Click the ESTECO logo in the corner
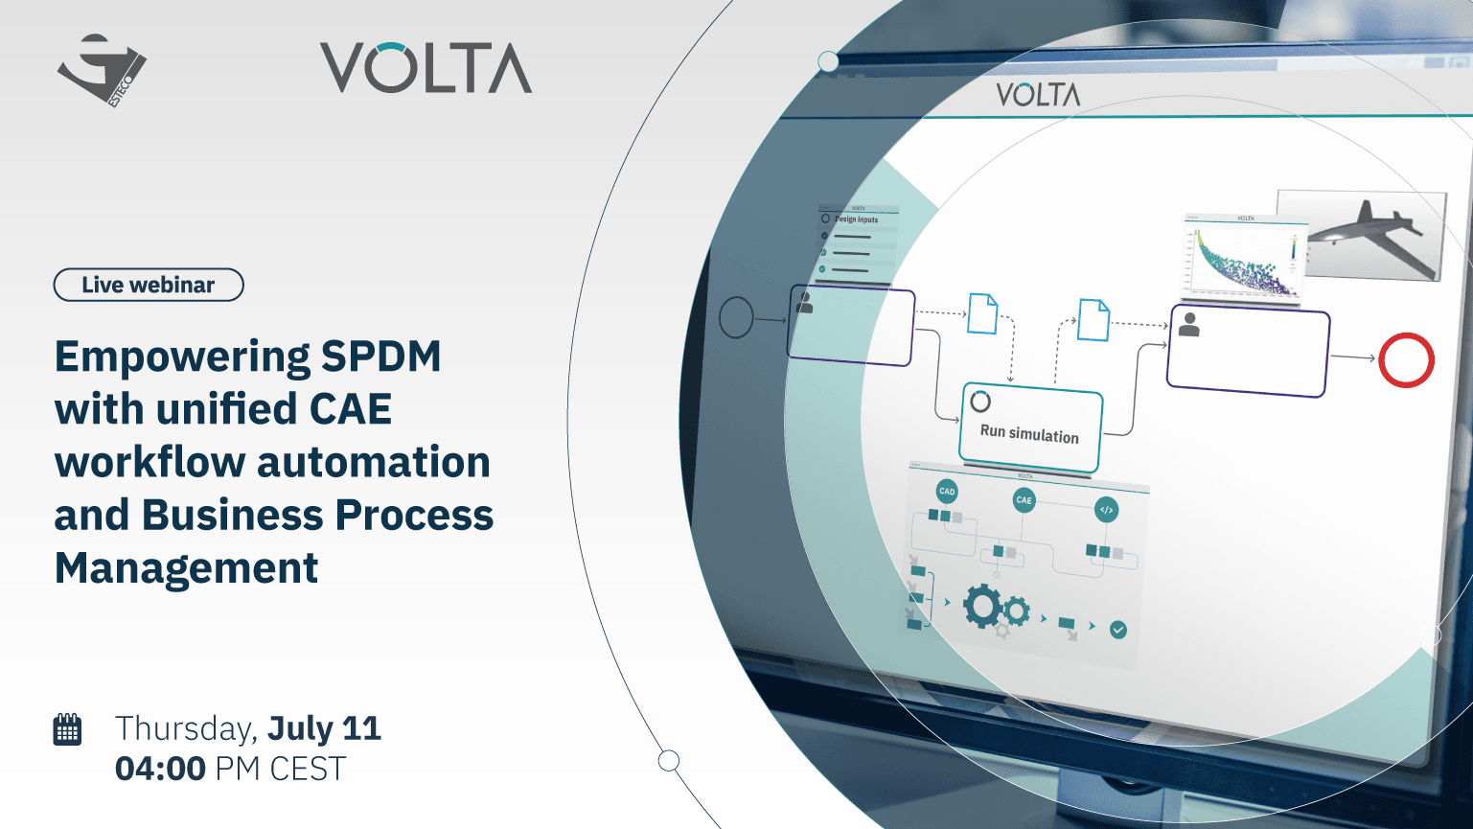point(102,70)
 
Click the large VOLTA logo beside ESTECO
point(426,68)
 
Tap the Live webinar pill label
point(149,285)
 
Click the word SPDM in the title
point(380,357)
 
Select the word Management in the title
point(186,567)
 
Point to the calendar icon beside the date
point(67,729)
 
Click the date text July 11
point(324,728)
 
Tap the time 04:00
point(160,769)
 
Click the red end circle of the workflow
point(1406,360)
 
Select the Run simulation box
point(1030,430)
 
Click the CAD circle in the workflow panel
point(947,492)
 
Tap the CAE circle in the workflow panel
point(1024,500)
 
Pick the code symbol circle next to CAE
point(1106,510)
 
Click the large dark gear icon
point(983,607)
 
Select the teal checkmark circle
point(1117,630)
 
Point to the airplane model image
point(1363,233)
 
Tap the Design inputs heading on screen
point(856,219)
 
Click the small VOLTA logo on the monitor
point(1038,95)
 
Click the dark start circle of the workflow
point(736,317)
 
